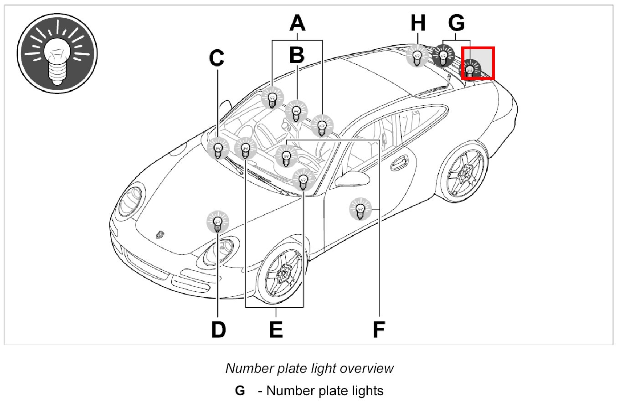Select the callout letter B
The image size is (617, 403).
tap(297, 55)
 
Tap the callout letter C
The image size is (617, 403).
tap(217, 58)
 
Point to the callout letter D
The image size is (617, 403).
tap(218, 330)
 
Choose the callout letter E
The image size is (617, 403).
tap(276, 330)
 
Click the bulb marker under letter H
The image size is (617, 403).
tap(416, 57)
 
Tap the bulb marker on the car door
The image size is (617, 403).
tap(360, 210)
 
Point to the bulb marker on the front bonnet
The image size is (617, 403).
tap(218, 222)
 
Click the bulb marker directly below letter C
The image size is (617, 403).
tap(218, 149)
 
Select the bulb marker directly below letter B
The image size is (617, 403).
tap(296, 111)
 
